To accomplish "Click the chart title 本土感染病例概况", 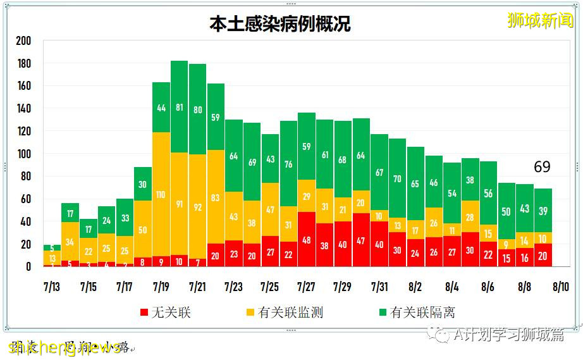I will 280,24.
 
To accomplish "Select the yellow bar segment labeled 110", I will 161,195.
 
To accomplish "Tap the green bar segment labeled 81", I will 179,108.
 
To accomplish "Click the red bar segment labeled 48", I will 306,240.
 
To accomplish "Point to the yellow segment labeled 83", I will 215,197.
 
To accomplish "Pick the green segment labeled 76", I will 288,164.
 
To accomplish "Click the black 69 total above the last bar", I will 542,167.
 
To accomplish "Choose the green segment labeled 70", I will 397,179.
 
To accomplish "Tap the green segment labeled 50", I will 506,211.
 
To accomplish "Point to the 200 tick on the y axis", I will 23,41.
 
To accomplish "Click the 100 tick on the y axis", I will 23,154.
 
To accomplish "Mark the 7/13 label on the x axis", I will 52,287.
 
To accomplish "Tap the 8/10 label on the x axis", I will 560,287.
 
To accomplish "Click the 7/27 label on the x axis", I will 306,287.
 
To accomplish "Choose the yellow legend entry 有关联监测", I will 284,313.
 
